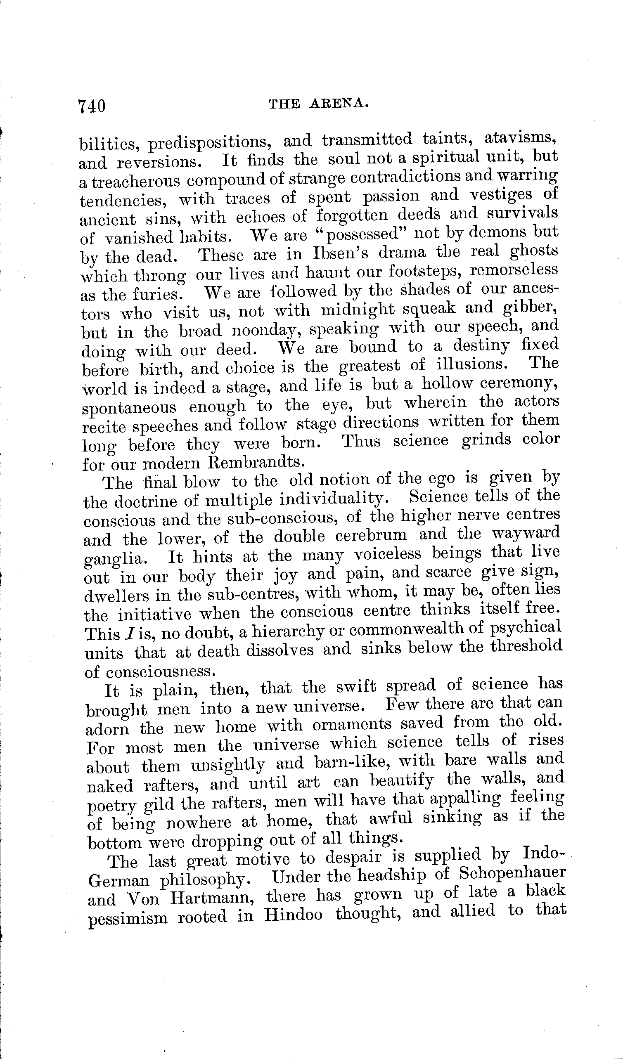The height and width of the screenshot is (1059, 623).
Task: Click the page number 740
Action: pos(92,106)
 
